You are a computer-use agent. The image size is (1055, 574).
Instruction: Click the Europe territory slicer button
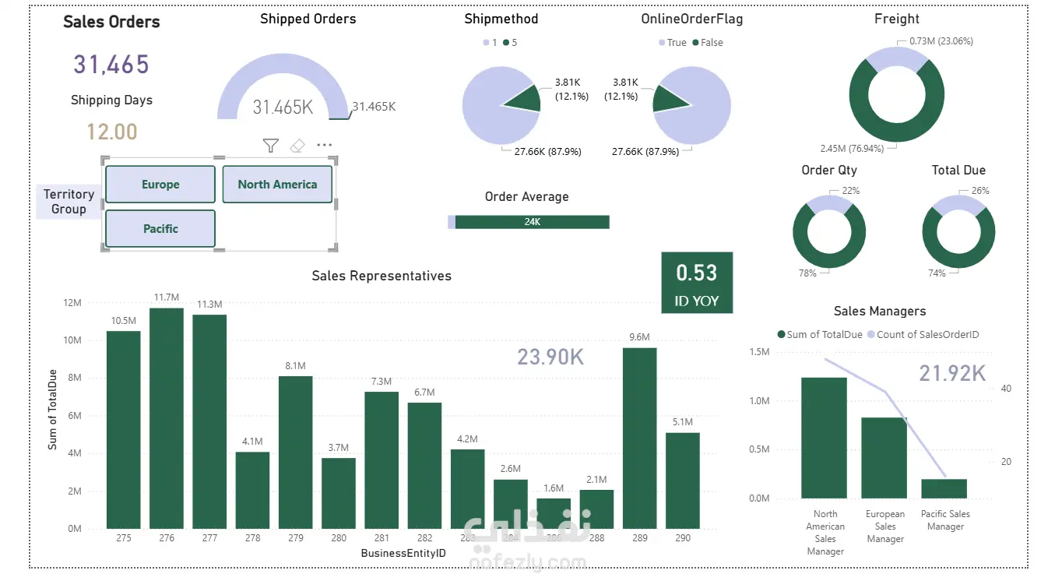[x=160, y=185]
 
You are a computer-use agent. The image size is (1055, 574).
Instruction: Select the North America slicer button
[x=277, y=185]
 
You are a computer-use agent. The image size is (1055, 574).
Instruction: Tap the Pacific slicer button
[x=160, y=229]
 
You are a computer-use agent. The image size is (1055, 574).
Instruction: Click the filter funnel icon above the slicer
[x=270, y=146]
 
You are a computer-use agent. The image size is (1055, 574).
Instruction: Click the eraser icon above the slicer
[x=297, y=146]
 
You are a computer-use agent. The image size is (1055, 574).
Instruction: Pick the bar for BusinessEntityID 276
[x=167, y=418]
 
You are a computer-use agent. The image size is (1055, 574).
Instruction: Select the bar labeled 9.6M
[x=639, y=438]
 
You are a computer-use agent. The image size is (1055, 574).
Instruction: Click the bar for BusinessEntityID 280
[x=339, y=493]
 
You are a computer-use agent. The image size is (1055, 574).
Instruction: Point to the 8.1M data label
[x=296, y=365]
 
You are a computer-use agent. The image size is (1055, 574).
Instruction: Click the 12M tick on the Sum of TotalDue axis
[x=72, y=303]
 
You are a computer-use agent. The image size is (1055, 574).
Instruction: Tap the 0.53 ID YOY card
[x=697, y=283]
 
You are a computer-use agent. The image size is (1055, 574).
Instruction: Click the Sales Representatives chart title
[x=382, y=276]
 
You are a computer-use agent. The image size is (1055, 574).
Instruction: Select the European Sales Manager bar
[x=884, y=458]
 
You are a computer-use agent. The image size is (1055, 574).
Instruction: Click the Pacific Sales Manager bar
[x=944, y=488]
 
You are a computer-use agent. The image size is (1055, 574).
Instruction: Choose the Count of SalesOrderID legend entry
[x=927, y=335]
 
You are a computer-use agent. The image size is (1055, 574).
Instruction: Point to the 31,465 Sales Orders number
[x=111, y=65]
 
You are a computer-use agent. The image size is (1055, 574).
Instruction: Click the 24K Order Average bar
[x=532, y=222]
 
